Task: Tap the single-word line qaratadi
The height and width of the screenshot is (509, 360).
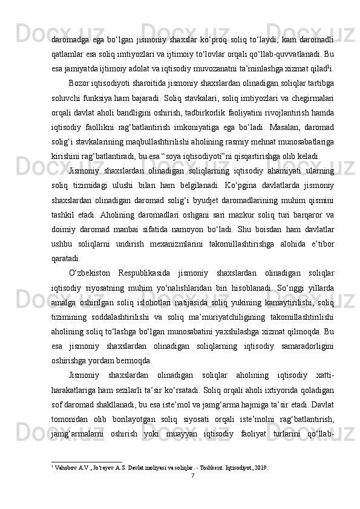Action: click(x=68, y=256)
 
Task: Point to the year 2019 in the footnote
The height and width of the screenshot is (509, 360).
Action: click(x=258, y=467)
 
